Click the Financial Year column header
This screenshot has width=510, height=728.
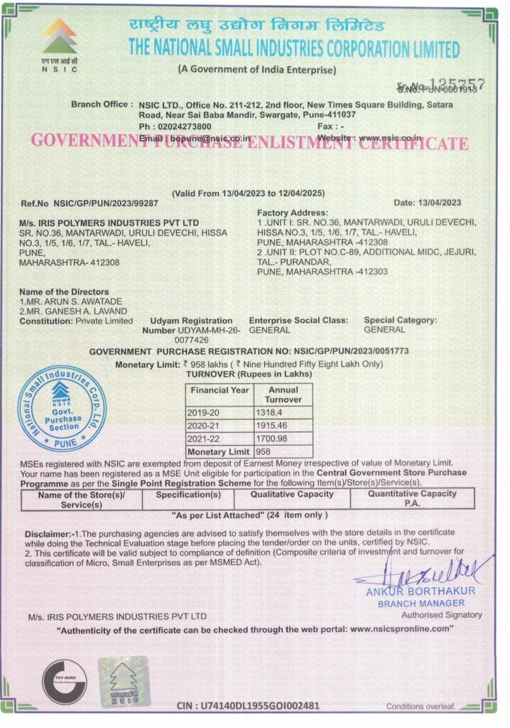click(219, 390)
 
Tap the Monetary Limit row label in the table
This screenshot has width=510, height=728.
click(219, 451)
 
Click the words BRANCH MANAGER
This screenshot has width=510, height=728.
click(422, 603)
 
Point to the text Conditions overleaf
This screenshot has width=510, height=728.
click(420, 705)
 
